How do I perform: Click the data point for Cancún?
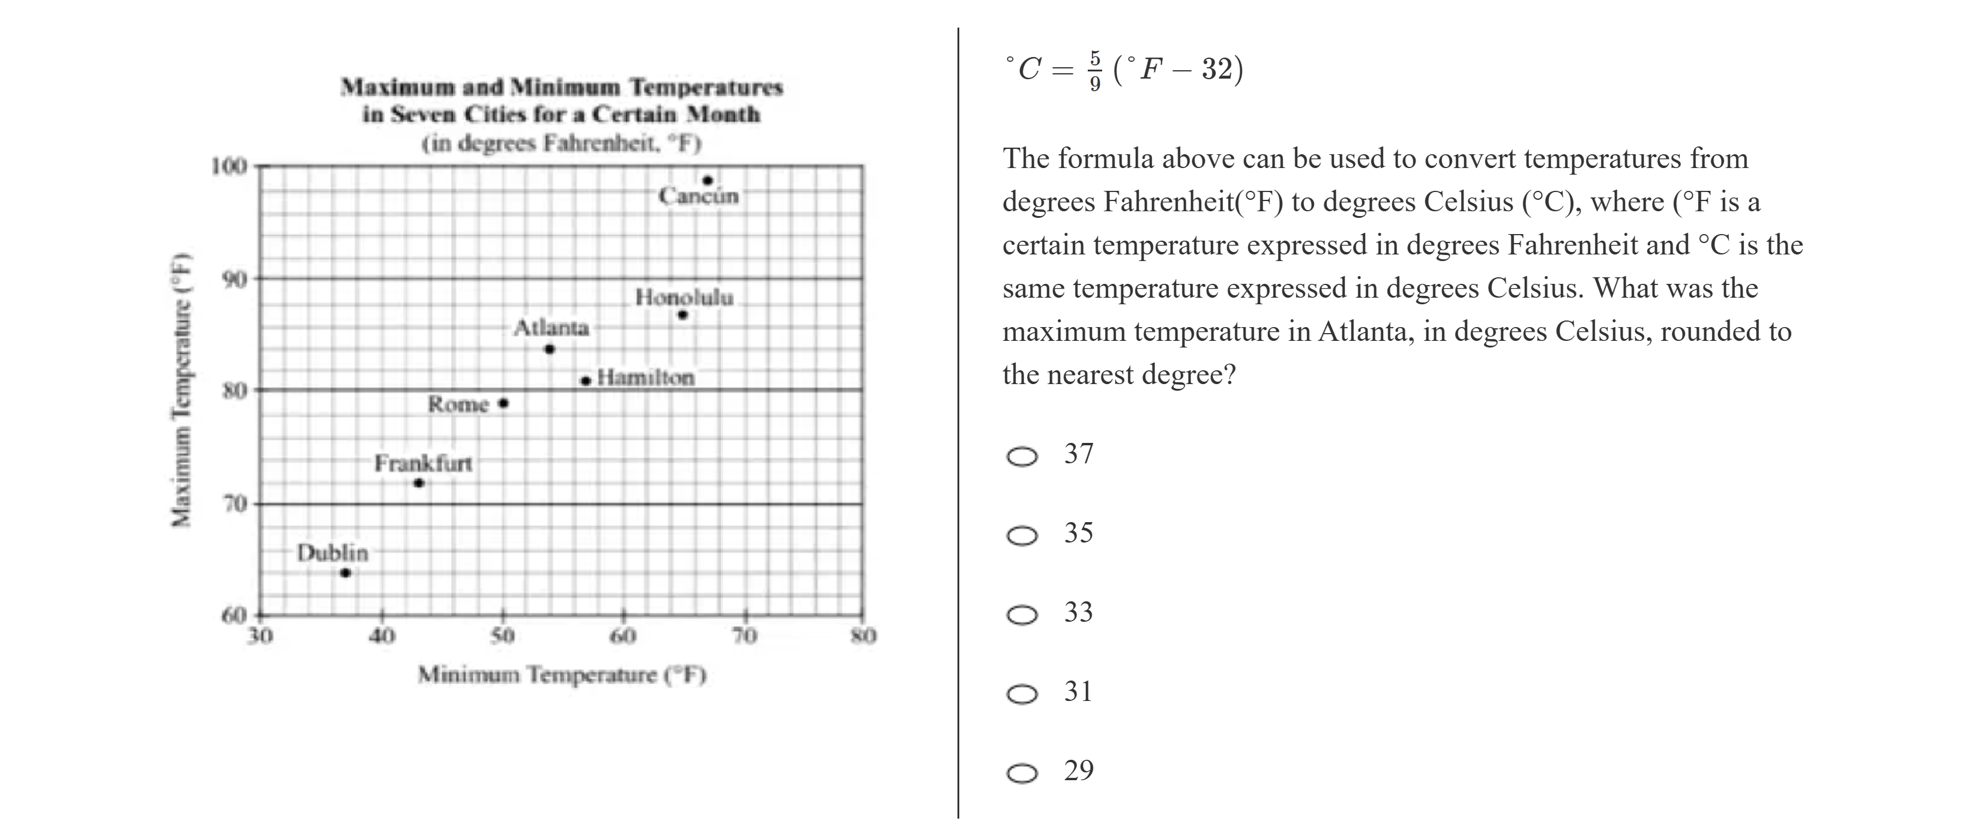click(x=707, y=181)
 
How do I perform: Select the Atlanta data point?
click(x=549, y=349)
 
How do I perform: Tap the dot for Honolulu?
click(x=683, y=314)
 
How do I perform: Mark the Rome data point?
click(x=504, y=403)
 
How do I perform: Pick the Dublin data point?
click(x=346, y=573)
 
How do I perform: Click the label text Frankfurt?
click(x=423, y=463)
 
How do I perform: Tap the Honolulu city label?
click(x=684, y=297)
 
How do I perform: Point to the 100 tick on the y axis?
click(x=229, y=166)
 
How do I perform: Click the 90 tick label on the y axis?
click(x=235, y=279)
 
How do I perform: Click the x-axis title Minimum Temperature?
click(x=561, y=675)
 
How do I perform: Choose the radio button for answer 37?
click(x=1022, y=456)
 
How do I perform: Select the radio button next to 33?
click(x=1022, y=615)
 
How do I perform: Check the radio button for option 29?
click(x=1022, y=773)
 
